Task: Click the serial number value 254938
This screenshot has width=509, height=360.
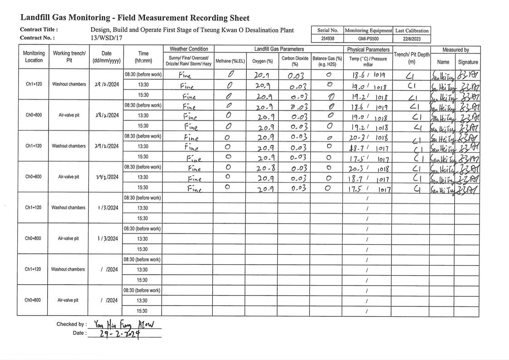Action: point(327,39)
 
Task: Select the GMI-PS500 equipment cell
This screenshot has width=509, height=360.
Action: point(368,39)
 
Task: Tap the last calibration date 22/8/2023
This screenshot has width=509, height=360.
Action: point(411,39)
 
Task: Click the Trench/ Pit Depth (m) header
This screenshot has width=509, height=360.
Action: point(411,58)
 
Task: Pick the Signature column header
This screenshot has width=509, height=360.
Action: point(468,62)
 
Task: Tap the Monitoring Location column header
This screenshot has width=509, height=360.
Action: point(34,57)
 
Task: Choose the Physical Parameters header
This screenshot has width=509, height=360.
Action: point(368,49)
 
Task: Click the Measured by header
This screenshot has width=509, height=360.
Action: point(455,49)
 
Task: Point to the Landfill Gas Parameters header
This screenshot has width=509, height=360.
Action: point(279,49)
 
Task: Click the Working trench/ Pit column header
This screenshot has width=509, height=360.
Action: point(69,57)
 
